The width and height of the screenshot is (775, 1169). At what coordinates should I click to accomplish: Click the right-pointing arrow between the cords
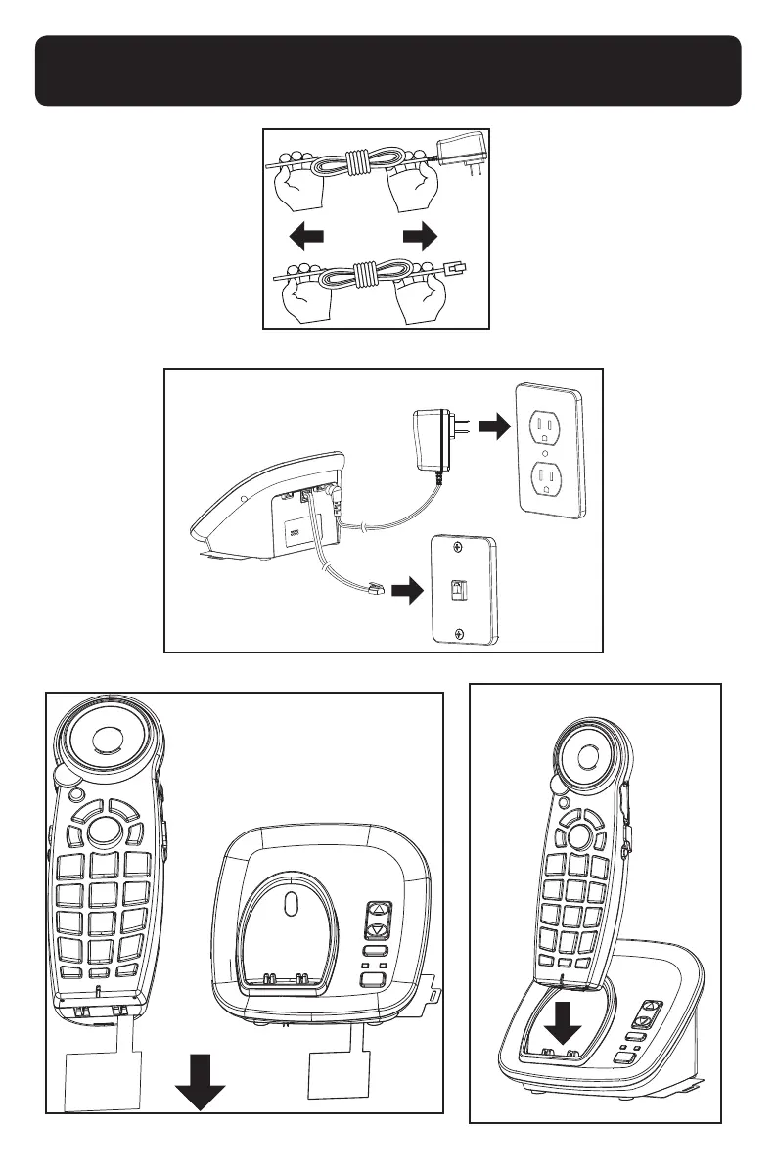pos(419,238)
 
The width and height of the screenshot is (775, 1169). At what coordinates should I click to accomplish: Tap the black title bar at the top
pos(387,71)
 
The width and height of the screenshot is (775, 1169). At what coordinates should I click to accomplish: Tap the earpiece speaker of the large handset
pos(99,735)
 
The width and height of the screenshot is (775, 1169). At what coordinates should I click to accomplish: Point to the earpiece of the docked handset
pos(587,757)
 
